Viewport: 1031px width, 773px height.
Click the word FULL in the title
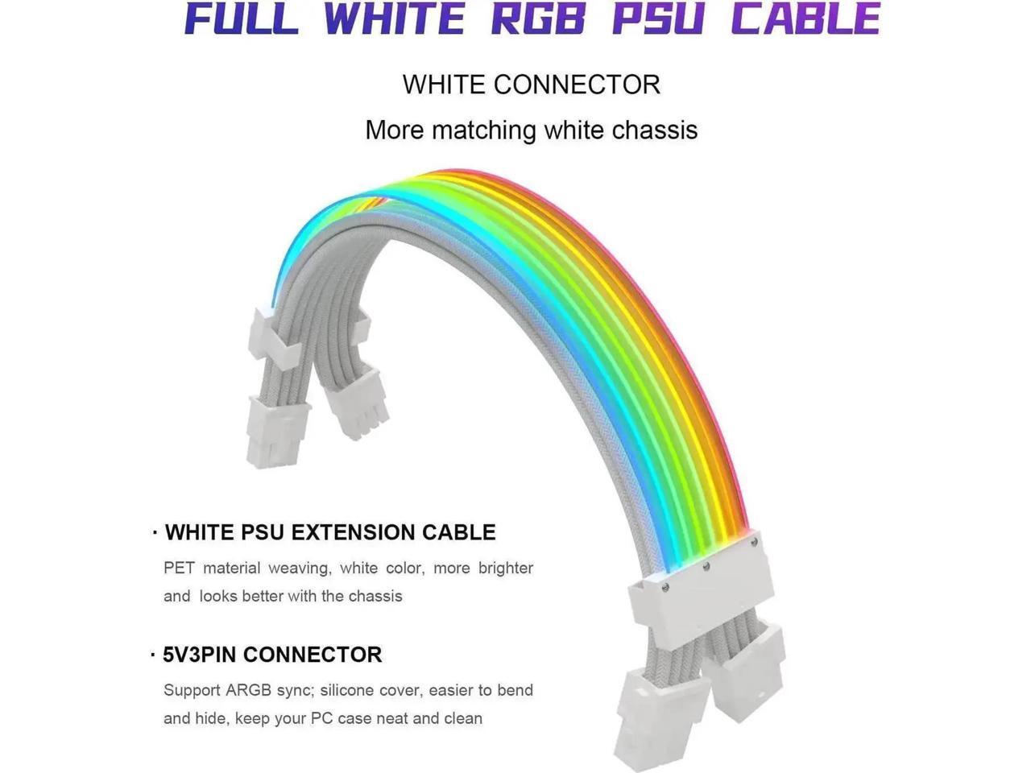241,19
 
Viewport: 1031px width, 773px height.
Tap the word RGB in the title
538,19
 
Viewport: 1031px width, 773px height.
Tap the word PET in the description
179,568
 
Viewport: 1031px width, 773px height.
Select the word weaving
298,568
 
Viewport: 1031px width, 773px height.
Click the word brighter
505,568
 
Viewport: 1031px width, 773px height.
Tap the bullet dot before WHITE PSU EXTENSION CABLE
154,533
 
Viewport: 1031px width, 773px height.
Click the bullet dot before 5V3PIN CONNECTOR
153,655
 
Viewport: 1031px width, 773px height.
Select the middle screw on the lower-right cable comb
706,566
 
